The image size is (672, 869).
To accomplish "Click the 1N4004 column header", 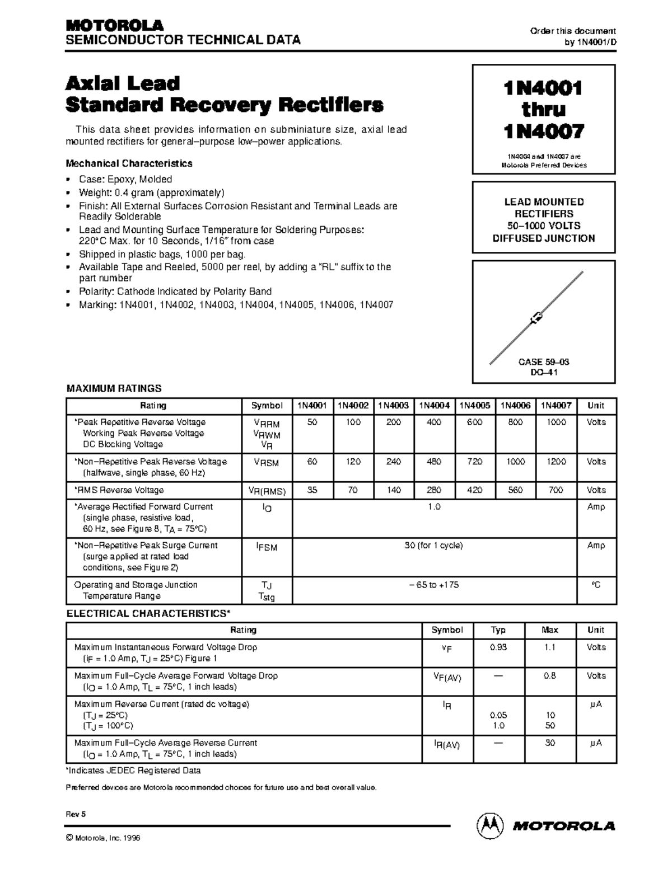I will (434, 406).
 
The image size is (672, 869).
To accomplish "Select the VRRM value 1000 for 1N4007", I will (556, 422).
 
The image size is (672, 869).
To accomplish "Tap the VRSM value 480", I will (434, 462).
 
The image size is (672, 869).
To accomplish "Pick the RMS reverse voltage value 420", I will (474, 490).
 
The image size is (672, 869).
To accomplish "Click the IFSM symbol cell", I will (267, 547).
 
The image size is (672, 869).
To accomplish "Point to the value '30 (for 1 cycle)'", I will (434, 545).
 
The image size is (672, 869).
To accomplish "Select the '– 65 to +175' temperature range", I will (434, 585).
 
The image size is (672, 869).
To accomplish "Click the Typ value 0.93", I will (498, 647).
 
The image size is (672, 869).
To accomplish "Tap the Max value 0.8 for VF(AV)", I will (550, 675).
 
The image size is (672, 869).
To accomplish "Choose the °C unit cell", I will (596, 585).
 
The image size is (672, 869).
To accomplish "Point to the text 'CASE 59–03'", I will (544, 361).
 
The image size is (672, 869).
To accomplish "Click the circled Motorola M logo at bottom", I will (489, 825).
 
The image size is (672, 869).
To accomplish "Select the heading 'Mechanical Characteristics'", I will (129, 163).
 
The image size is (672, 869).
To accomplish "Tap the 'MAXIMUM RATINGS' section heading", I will (114, 388).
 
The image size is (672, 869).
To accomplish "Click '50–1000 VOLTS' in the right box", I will (544, 226).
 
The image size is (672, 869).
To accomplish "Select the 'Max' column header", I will (550, 630).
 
